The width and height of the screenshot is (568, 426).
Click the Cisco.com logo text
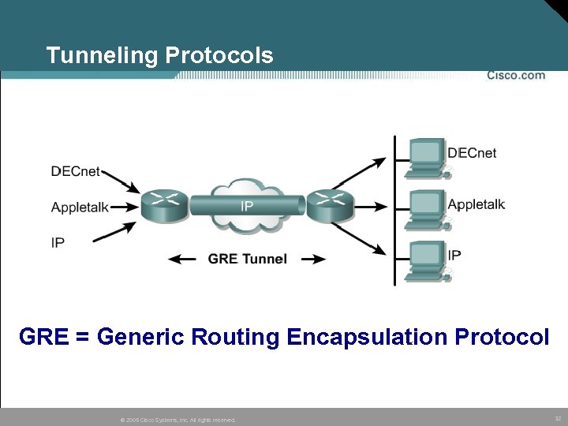pyautogui.click(x=515, y=76)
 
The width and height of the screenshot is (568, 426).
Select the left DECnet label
pyautogui.click(x=76, y=171)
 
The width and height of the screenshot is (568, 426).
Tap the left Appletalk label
pyautogui.click(x=80, y=207)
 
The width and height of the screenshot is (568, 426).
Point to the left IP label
pyautogui.click(x=58, y=243)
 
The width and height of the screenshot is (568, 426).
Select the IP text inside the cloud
pyautogui.click(x=247, y=207)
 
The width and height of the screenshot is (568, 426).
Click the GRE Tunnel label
pyautogui.click(x=247, y=259)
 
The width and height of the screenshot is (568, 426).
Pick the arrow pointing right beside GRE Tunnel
pyautogui.click(x=312, y=259)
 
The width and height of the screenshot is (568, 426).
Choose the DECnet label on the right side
pyautogui.click(x=472, y=153)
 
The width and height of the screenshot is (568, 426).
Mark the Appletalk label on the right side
pyautogui.click(x=476, y=204)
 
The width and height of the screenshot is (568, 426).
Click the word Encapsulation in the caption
pyautogui.click(x=368, y=337)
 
